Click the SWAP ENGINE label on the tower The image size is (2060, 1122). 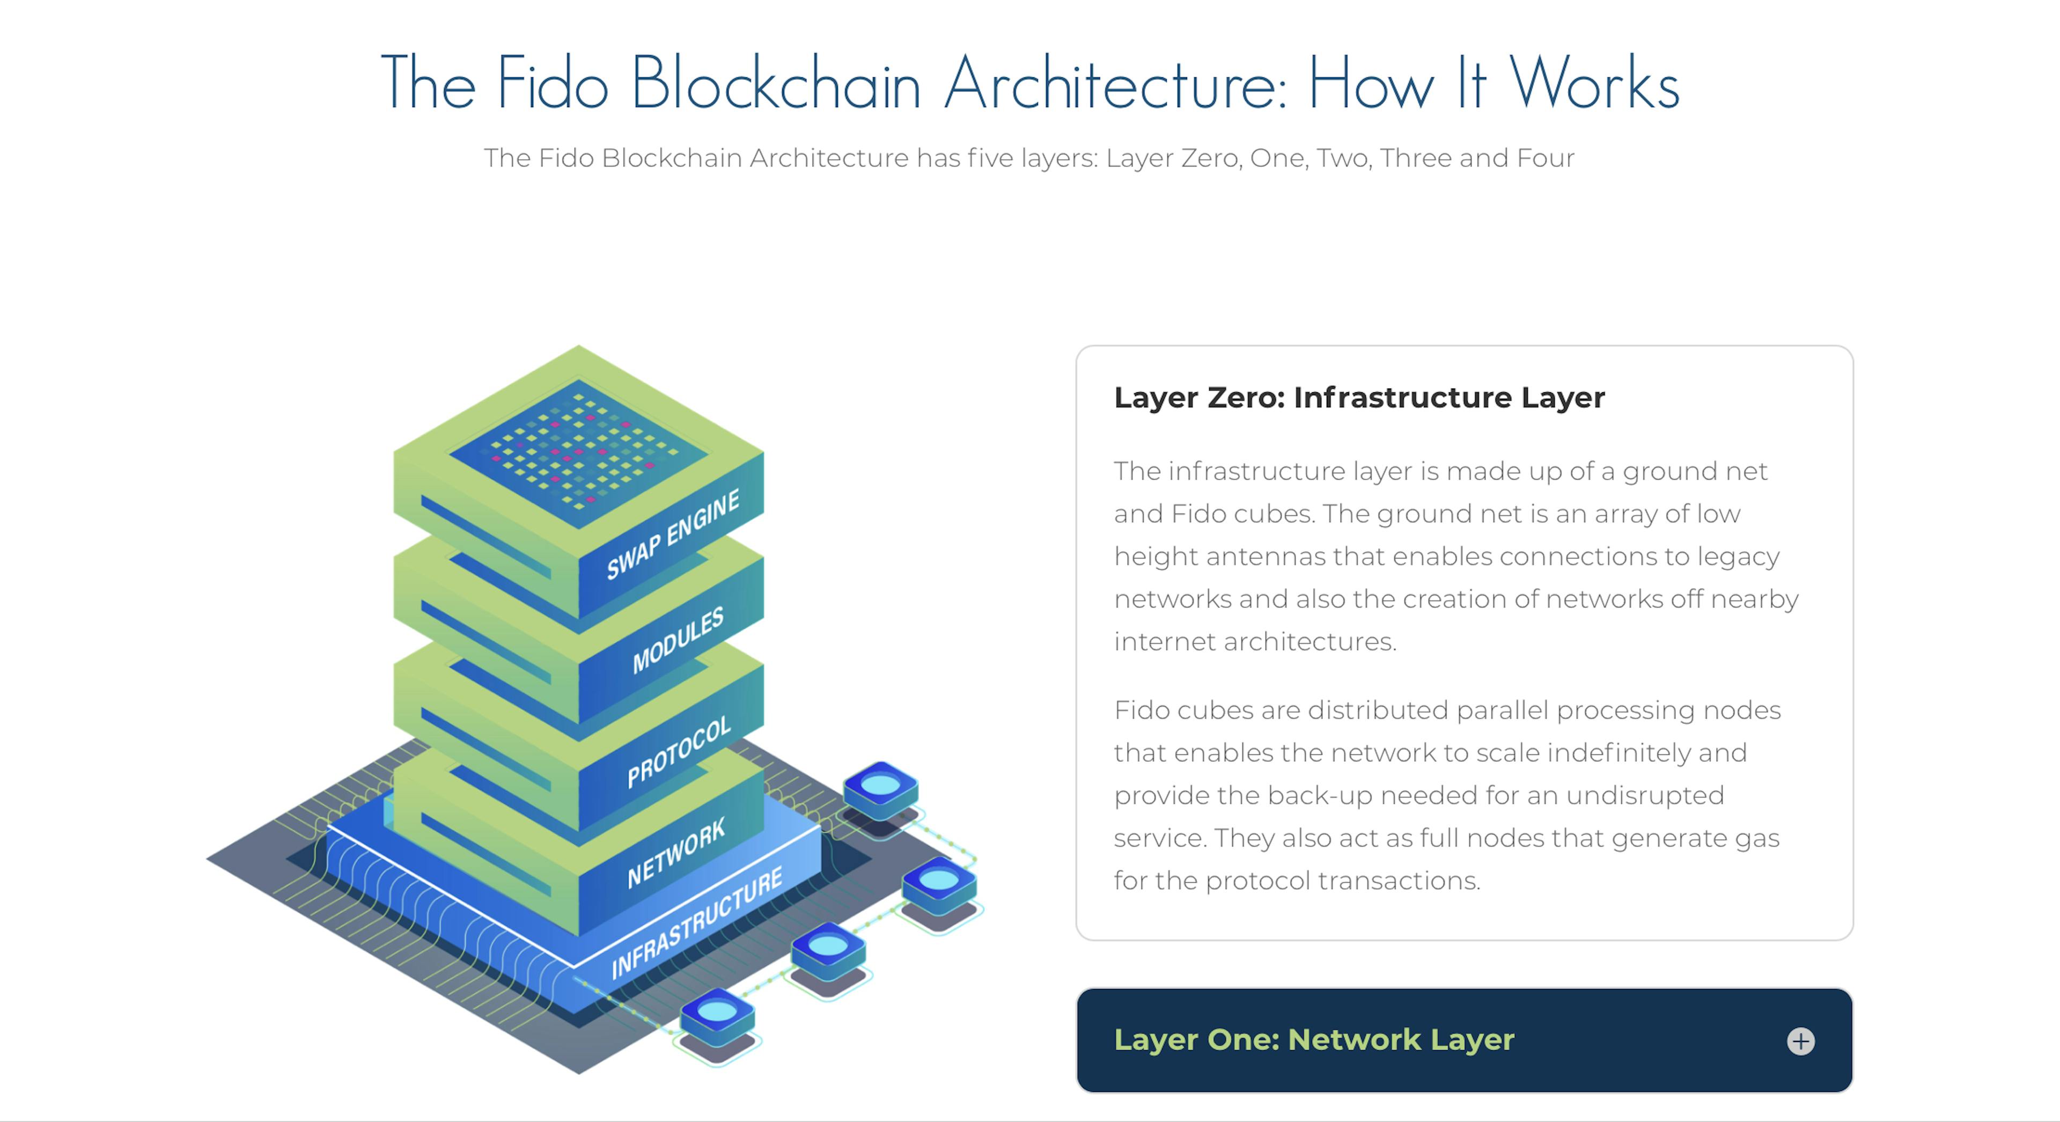click(673, 534)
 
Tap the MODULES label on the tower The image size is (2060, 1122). click(678, 639)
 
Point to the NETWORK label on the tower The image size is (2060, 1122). click(676, 853)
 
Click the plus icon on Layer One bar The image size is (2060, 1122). click(1800, 1040)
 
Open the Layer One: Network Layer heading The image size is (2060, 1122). click(1314, 1039)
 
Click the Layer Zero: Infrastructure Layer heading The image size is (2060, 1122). click(1359, 398)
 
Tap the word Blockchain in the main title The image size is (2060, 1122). click(776, 83)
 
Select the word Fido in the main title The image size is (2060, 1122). click(552, 83)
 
